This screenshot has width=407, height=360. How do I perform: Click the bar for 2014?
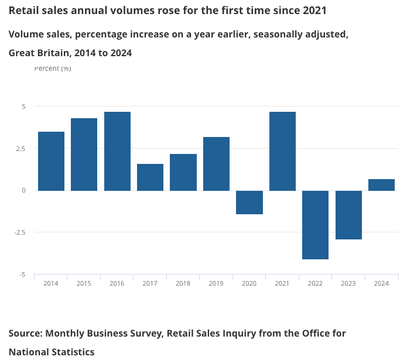[x=51, y=161]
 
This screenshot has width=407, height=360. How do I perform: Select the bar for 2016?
[x=117, y=151]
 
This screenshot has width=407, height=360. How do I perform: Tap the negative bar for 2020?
[x=249, y=202]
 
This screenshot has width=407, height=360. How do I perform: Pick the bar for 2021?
[x=282, y=151]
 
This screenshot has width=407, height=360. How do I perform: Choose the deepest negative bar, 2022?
[x=316, y=225]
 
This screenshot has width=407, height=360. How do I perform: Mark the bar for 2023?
[x=348, y=215]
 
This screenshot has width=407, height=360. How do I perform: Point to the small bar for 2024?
[x=381, y=185]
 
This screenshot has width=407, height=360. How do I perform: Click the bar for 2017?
[x=150, y=177]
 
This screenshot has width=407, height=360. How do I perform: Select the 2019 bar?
[x=216, y=163]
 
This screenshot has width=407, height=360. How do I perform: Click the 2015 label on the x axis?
[x=84, y=283]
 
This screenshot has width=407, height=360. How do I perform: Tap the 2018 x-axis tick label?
[x=183, y=283]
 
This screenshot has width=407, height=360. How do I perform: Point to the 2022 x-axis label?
[x=315, y=283]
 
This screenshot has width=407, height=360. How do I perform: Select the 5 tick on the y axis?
[x=24, y=107]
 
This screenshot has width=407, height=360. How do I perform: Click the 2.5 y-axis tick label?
[x=20, y=149]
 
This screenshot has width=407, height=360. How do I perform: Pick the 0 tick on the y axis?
[x=24, y=190]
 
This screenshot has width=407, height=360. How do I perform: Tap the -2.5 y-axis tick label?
[x=19, y=232]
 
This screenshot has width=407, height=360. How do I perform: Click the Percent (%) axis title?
[x=53, y=68]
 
